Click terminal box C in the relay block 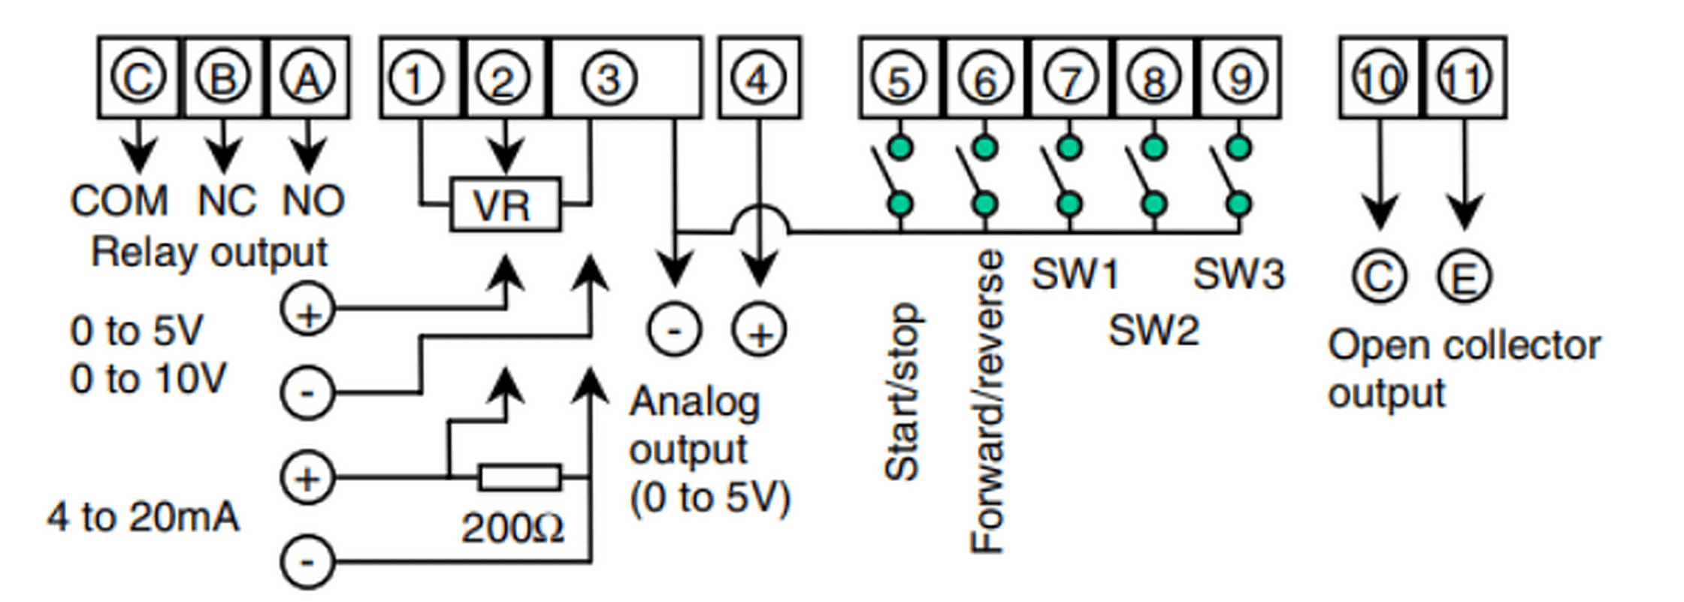point(138,77)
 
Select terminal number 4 point(759,77)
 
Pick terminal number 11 point(1465,77)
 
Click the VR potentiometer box point(505,204)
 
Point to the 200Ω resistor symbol point(519,477)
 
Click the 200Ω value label point(512,528)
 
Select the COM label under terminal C point(119,201)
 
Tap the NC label point(226,201)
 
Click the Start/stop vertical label point(902,392)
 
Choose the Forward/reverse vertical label point(987,402)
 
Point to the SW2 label point(1153,330)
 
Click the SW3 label point(1239,274)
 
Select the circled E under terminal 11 point(1465,277)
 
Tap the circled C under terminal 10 point(1379,277)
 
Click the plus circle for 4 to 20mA point(307,478)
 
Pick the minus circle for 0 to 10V point(307,392)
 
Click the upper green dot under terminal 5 point(899,147)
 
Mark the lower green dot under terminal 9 point(1239,204)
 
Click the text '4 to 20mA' point(143,517)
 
